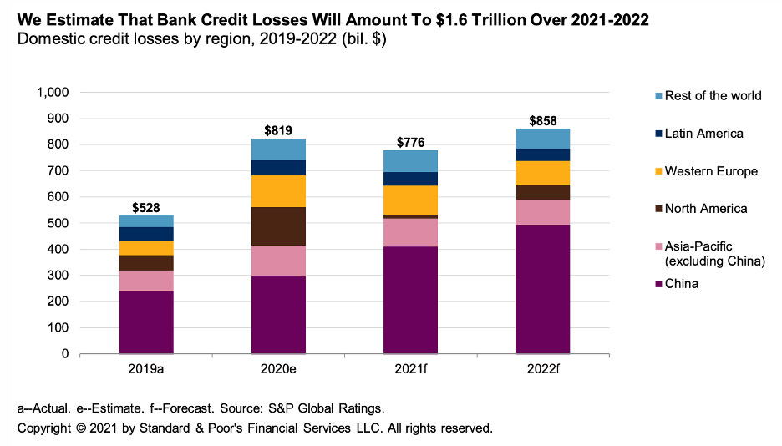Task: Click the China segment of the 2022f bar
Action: [x=543, y=289]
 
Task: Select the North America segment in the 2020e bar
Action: [x=278, y=226]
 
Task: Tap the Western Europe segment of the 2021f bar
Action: [x=410, y=200]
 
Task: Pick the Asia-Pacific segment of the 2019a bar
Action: [x=146, y=280]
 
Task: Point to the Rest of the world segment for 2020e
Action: [x=278, y=150]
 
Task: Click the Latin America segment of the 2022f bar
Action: [x=543, y=155]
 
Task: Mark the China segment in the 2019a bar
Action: [x=146, y=322]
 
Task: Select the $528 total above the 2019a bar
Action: [x=146, y=206]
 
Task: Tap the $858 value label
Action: [x=543, y=119]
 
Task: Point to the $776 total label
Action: [x=410, y=141]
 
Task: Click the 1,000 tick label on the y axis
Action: [x=53, y=92]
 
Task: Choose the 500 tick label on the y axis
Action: [x=59, y=223]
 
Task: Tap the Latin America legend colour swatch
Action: [x=657, y=134]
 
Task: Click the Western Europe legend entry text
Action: [x=711, y=171]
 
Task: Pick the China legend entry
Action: [x=681, y=284]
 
